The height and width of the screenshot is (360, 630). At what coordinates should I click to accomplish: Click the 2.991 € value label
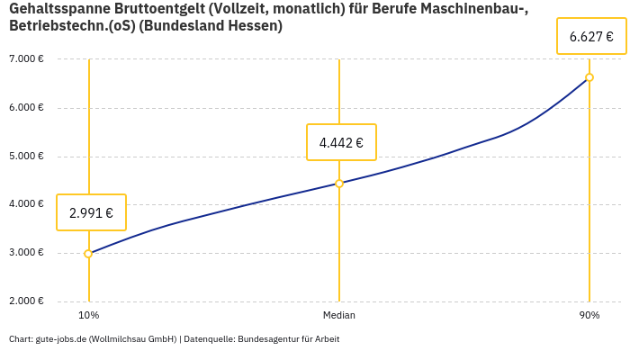coord(91,213)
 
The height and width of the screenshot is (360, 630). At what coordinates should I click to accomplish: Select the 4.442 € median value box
coord(341,142)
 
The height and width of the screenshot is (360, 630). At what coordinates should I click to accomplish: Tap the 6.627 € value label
coord(590,37)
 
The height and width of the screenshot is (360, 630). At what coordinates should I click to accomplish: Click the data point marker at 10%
coord(88,254)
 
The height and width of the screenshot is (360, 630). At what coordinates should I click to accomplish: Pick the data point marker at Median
coord(339,184)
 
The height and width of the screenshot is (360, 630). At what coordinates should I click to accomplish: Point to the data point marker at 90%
coord(589,77)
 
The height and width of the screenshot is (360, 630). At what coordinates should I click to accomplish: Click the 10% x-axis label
coord(88,315)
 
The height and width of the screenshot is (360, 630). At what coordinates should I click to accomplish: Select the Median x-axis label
coord(339,315)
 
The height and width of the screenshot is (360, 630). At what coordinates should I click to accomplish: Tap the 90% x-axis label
coord(589,315)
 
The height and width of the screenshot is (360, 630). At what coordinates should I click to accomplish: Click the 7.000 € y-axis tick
coord(26,59)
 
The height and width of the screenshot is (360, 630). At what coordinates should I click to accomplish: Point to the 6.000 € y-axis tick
coord(26,108)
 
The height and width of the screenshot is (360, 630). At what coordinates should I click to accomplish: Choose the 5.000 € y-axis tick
coord(26,156)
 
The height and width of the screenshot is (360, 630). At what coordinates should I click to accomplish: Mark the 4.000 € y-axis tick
coord(26,204)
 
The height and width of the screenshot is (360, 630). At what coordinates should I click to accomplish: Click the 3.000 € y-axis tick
coord(26,253)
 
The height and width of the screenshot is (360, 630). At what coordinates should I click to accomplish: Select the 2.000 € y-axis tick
coord(26,301)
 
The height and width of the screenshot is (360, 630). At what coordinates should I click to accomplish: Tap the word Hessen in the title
coord(255,26)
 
